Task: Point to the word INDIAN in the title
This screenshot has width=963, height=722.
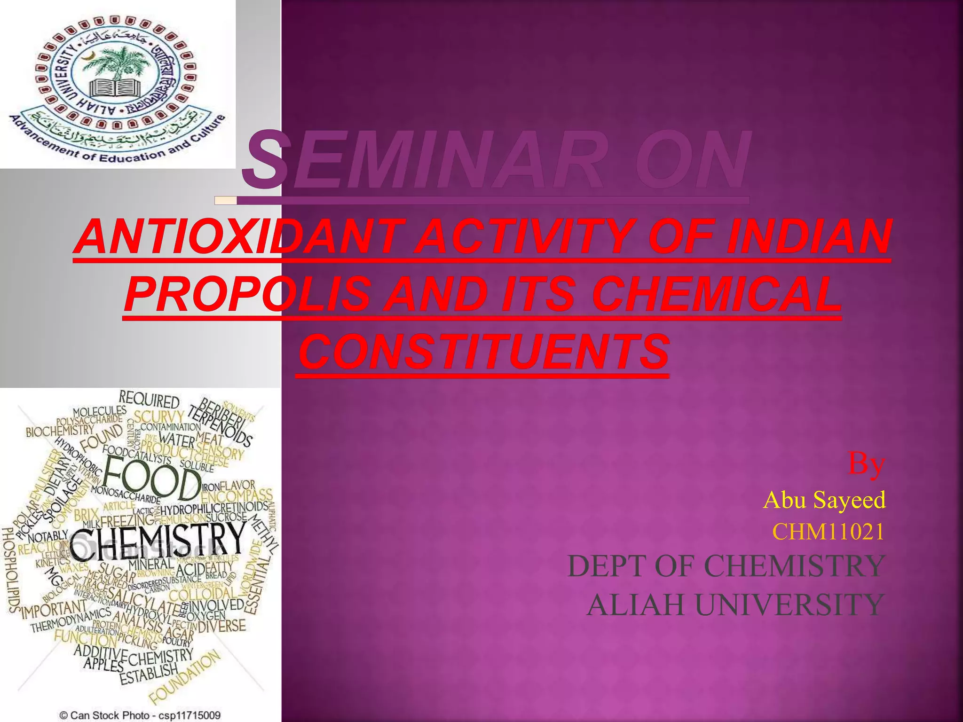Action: (808, 236)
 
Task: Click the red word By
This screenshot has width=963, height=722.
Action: (867, 464)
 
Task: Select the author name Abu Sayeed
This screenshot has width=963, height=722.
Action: (824, 500)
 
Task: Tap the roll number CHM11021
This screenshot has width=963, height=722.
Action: (828, 532)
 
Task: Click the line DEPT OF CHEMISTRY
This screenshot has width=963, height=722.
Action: (726, 566)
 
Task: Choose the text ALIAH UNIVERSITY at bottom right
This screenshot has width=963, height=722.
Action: (736, 605)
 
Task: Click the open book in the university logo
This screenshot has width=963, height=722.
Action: (112, 87)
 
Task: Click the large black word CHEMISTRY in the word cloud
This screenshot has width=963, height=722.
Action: (158, 541)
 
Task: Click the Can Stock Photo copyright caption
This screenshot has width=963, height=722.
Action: (140, 715)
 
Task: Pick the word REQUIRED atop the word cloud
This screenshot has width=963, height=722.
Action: (149, 400)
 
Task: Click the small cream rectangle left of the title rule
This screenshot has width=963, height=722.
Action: (225, 201)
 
